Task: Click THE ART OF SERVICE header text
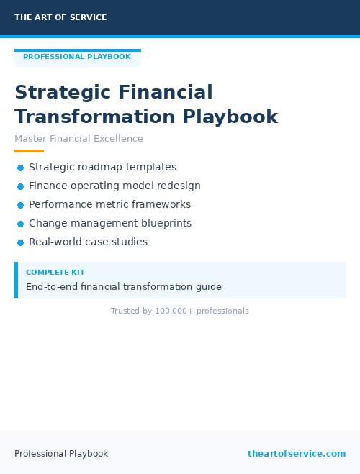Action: (60, 17)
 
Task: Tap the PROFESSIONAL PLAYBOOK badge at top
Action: (77, 57)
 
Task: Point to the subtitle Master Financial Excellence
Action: (78, 139)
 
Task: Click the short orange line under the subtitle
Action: (29, 151)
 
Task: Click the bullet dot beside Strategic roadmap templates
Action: (20, 168)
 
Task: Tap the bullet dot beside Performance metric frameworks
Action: (20, 205)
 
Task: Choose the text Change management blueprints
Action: (110, 223)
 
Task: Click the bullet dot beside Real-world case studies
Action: (20, 242)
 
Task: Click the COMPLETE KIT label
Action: (55, 273)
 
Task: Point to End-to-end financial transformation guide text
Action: (124, 286)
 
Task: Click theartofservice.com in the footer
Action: (297, 454)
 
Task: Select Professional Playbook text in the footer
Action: (61, 454)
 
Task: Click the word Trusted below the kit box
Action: (125, 311)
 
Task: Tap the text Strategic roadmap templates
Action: (102, 167)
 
